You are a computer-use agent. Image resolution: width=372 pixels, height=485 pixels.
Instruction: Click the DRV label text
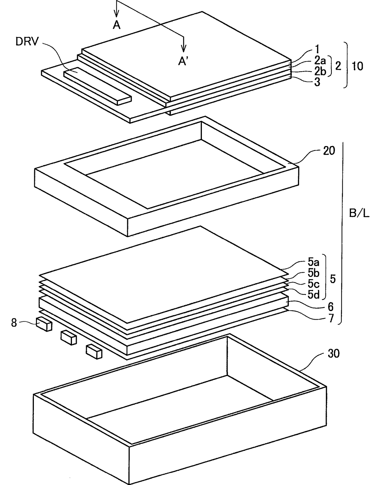click(x=27, y=42)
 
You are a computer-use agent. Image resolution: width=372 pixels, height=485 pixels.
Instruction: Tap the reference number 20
click(x=328, y=151)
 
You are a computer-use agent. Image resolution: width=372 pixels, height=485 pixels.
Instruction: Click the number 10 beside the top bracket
click(x=357, y=66)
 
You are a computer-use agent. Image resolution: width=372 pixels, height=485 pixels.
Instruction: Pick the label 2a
click(x=320, y=60)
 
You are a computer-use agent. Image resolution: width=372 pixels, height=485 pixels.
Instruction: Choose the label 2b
click(x=320, y=72)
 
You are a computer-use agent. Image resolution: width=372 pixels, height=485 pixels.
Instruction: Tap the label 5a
click(x=313, y=263)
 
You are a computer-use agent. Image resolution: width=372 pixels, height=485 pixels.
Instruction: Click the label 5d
click(x=314, y=295)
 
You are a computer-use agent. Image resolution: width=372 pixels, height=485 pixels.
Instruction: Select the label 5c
click(x=313, y=284)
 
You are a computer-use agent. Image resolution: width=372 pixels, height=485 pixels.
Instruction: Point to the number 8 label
click(x=14, y=323)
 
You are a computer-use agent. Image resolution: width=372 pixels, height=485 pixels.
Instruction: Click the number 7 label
click(x=331, y=318)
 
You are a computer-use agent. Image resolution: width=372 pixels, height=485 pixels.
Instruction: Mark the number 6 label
click(x=330, y=307)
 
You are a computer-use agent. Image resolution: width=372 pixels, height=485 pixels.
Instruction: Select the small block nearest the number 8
click(x=44, y=324)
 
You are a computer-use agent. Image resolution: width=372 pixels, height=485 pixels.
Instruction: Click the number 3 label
click(x=317, y=82)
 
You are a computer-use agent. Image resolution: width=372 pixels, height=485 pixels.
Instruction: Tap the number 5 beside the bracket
click(x=333, y=279)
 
